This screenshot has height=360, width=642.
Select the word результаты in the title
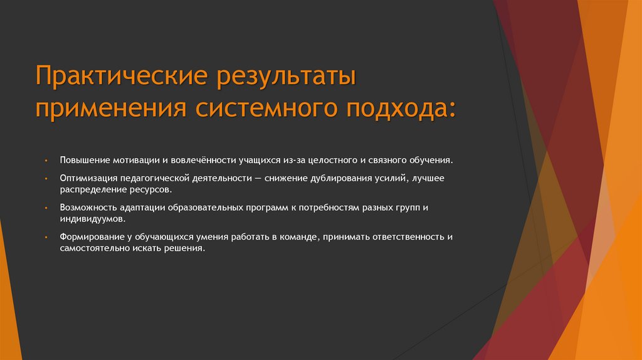(286, 79)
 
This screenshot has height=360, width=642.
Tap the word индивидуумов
(93, 220)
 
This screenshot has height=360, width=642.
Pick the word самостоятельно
(93, 248)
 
